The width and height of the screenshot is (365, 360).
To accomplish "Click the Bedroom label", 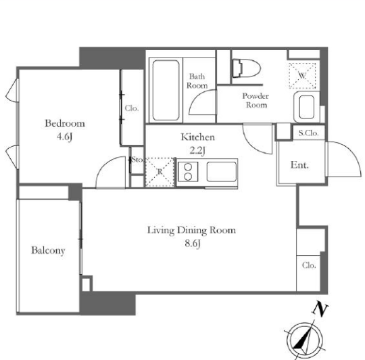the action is point(65,123).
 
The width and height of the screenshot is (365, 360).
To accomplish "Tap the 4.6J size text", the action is point(65,137).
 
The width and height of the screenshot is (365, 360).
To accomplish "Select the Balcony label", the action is point(48,250).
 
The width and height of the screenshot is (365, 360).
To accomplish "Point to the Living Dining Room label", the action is point(191,230).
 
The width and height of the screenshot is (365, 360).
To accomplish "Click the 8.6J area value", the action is point(193,244).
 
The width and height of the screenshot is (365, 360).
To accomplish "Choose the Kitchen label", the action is point(197,137).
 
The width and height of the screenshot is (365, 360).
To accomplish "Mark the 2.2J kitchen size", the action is point(197,150).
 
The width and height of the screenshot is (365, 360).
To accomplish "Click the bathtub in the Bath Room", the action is point(166,90).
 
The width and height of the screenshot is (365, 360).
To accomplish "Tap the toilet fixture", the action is point(246,68).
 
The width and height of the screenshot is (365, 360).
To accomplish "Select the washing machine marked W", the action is point(302,76).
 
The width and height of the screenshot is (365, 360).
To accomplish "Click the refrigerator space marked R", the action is point(160,172).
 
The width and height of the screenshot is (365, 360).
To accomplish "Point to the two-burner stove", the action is point(188,172).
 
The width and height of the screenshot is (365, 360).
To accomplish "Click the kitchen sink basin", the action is point(222,172).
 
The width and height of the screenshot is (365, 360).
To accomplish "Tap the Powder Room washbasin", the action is point(307,107).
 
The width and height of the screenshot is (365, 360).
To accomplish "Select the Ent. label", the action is point(299,165).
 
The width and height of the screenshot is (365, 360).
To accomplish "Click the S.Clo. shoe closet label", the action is point(308,133).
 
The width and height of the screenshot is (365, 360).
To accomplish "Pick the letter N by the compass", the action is point(320,309).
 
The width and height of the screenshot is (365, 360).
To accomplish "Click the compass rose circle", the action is point(305,341).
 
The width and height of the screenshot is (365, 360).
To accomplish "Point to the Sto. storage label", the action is point(137,160).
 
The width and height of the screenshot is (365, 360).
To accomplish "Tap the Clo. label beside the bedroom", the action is point(132,108).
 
